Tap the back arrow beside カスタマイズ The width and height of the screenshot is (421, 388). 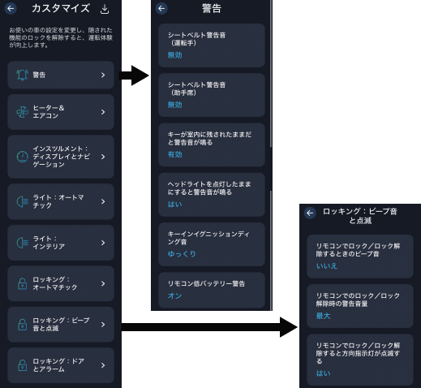click(11, 9)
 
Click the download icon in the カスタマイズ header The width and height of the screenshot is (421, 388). click(105, 9)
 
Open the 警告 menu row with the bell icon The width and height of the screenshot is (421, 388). click(61, 75)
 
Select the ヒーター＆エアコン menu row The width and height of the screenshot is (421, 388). click(61, 112)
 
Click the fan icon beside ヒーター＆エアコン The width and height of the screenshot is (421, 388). click(22, 112)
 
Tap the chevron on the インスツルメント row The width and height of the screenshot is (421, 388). click(103, 157)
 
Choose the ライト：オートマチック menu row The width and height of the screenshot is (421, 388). click(61, 201)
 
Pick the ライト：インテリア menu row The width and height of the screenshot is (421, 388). click(61, 243)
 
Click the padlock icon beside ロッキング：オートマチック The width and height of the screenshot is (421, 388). click(22, 284)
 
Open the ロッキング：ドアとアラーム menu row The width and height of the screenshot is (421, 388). click(61, 365)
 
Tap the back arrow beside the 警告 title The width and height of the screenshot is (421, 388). click(161, 9)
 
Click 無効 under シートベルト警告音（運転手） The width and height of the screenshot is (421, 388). click(174, 55)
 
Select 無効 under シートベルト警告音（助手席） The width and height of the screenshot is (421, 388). click(174, 105)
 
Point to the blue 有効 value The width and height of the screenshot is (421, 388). click(174, 154)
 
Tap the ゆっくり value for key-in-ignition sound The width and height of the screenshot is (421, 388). click(182, 254)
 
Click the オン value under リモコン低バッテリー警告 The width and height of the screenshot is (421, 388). click(174, 295)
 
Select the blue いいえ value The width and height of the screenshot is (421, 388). click(327, 266)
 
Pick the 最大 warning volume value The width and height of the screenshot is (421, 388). click(323, 316)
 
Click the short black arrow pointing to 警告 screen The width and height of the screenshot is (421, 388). click(134, 75)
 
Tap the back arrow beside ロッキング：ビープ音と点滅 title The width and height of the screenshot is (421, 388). click(310, 213)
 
